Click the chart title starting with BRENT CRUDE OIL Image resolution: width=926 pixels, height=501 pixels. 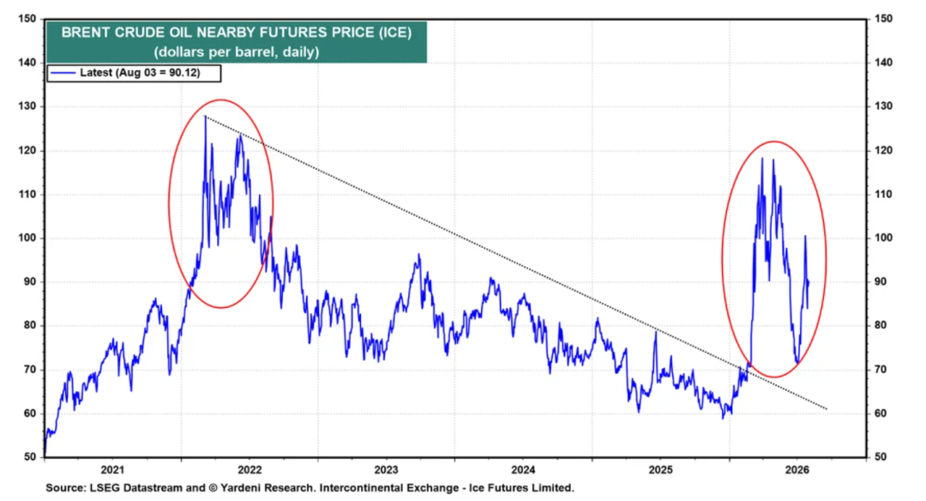coord(237,32)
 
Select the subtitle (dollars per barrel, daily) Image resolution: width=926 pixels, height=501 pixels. coord(237,52)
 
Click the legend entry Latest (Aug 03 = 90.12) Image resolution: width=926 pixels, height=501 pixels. coord(140,73)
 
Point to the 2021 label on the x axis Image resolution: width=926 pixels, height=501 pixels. coord(112,470)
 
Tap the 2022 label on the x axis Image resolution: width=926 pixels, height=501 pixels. coord(250,470)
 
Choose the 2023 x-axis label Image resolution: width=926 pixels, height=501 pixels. coord(386,470)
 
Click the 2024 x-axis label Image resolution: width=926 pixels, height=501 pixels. coord(523,470)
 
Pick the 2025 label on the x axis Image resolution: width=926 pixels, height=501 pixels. coord(660,470)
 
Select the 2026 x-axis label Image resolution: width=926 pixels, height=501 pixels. coord(797,470)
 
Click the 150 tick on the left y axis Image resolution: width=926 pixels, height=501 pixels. coord(27,18)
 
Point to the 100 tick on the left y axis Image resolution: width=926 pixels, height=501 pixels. coord(27,238)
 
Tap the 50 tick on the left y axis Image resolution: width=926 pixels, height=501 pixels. coord(29,456)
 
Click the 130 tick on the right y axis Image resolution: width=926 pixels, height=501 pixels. coord(883,106)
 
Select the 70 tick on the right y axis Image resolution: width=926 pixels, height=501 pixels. coord(881,370)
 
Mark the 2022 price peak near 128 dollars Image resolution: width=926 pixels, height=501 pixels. coord(206,117)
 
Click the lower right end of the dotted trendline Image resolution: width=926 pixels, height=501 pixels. coord(827,409)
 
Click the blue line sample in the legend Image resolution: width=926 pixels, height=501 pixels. coord(63,73)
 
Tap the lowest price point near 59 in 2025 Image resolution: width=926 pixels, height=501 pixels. coord(723,419)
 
